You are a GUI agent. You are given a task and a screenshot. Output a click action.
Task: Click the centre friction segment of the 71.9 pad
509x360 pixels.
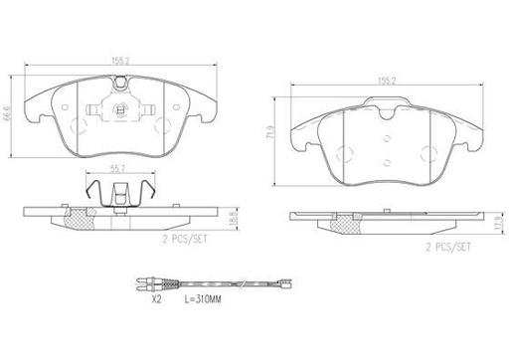[x=386, y=149]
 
